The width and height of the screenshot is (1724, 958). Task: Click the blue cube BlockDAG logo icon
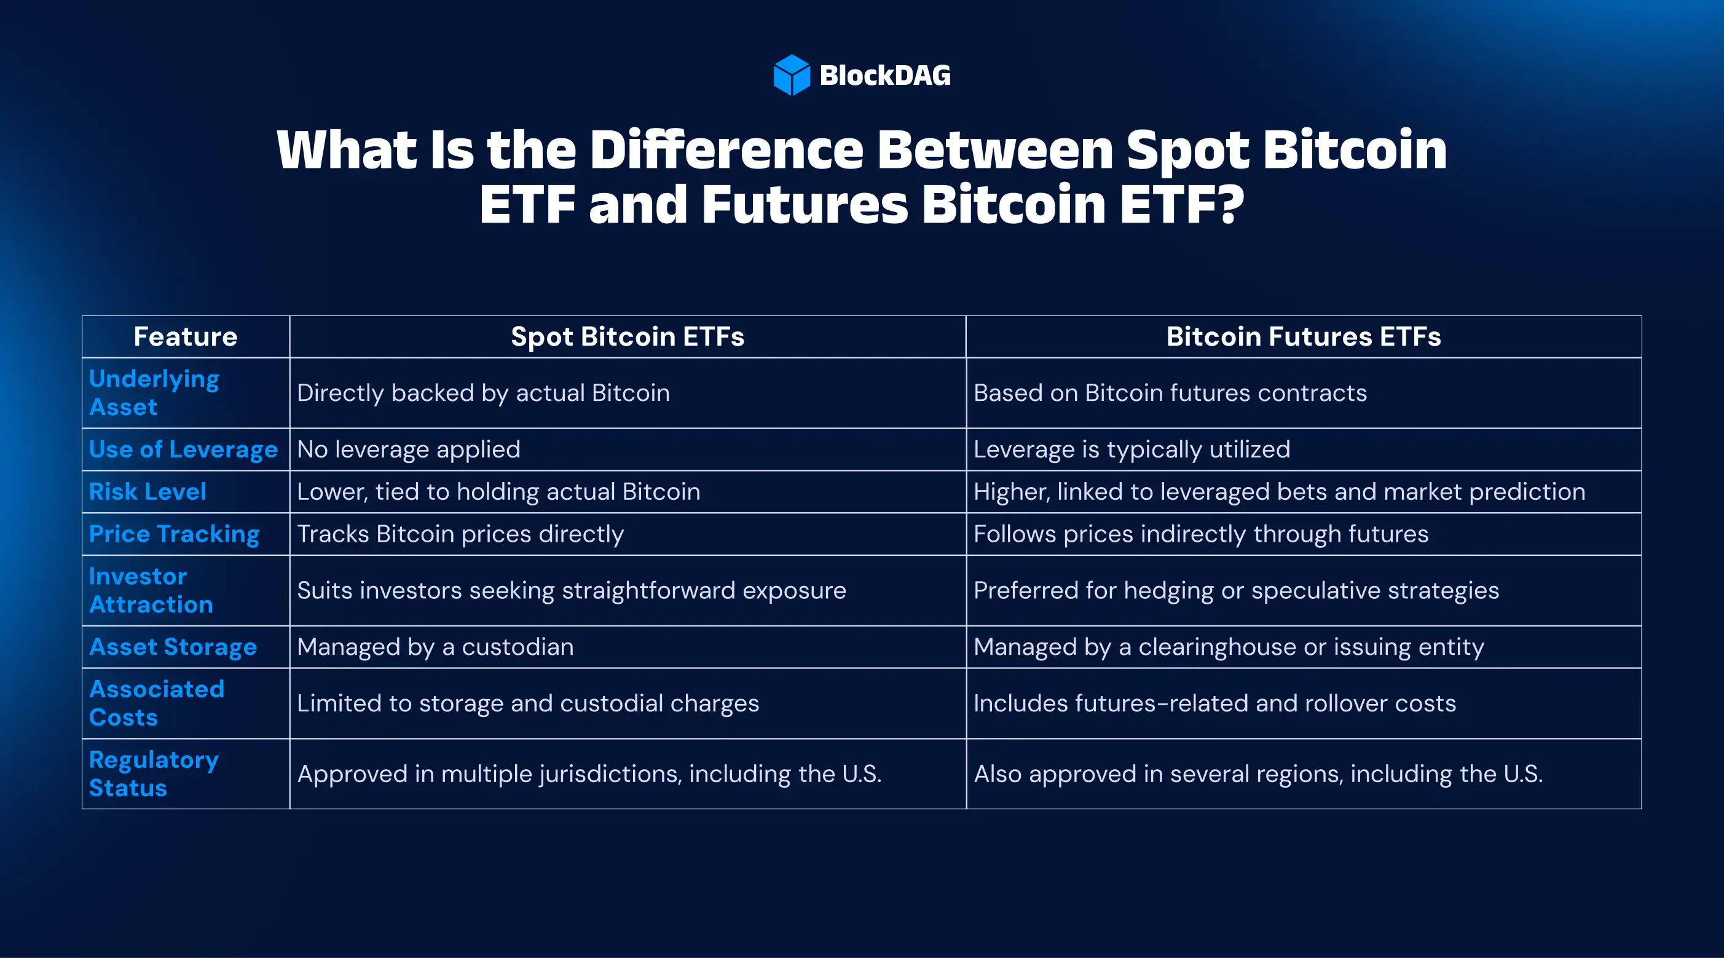point(791,75)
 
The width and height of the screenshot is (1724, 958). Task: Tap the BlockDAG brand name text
point(886,76)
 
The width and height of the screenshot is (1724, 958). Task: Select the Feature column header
point(186,337)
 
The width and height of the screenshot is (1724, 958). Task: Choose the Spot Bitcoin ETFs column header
point(628,337)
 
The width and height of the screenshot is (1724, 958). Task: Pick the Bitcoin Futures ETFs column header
point(1304,337)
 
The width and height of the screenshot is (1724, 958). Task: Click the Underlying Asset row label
point(155,393)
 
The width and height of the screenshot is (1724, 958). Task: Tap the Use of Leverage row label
point(183,449)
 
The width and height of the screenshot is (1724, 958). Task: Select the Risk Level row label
point(148,492)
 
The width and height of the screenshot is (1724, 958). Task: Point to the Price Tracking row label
point(174,534)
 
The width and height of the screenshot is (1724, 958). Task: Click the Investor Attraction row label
point(151,590)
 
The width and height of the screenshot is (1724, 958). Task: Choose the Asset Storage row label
point(173,647)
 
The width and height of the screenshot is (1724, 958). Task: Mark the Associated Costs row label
point(157,703)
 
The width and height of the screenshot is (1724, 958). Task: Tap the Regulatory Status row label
point(154,774)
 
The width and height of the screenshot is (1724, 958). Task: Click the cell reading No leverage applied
point(409,449)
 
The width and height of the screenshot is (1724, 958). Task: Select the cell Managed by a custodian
point(436,647)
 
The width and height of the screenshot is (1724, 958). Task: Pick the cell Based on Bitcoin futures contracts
point(1170,393)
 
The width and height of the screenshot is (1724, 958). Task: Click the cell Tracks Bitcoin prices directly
point(460,534)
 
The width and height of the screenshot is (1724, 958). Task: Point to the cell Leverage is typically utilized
point(1132,449)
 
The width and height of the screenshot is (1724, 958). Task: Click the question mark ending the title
point(1229,204)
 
